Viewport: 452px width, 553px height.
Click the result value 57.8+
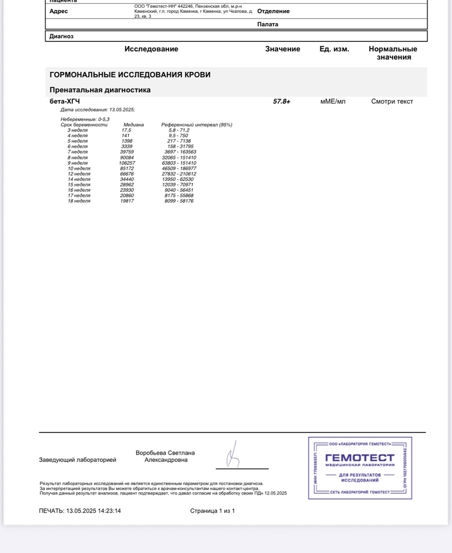pos(281,102)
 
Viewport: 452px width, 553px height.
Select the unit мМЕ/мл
pos(333,102)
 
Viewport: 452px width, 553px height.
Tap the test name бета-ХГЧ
pos(65,102)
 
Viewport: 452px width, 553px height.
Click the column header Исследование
pos(151,49)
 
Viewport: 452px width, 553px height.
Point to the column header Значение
pos(282,49)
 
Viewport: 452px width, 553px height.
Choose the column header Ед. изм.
pos(334,49)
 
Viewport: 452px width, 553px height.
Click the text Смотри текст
pos(392,102)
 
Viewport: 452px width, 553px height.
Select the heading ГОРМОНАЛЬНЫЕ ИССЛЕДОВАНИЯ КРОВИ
pos(130,75)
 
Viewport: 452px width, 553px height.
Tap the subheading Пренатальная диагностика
pos(100,90)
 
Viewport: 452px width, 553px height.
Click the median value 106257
pos(127,163)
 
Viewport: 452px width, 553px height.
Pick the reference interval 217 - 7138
pos(179,141)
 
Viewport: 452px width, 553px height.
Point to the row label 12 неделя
pos(79,174)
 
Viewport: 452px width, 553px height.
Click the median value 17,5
pos(126,130)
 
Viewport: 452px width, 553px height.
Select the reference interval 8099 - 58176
pos(179,201)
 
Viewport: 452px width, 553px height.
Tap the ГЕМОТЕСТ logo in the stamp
pos(360,458)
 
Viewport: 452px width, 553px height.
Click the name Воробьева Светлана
pos(165,453)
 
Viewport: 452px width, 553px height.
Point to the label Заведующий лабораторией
pos(77,460)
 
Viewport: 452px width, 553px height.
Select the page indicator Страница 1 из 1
pos(212,511)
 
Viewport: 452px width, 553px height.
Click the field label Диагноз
pos(61,36)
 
